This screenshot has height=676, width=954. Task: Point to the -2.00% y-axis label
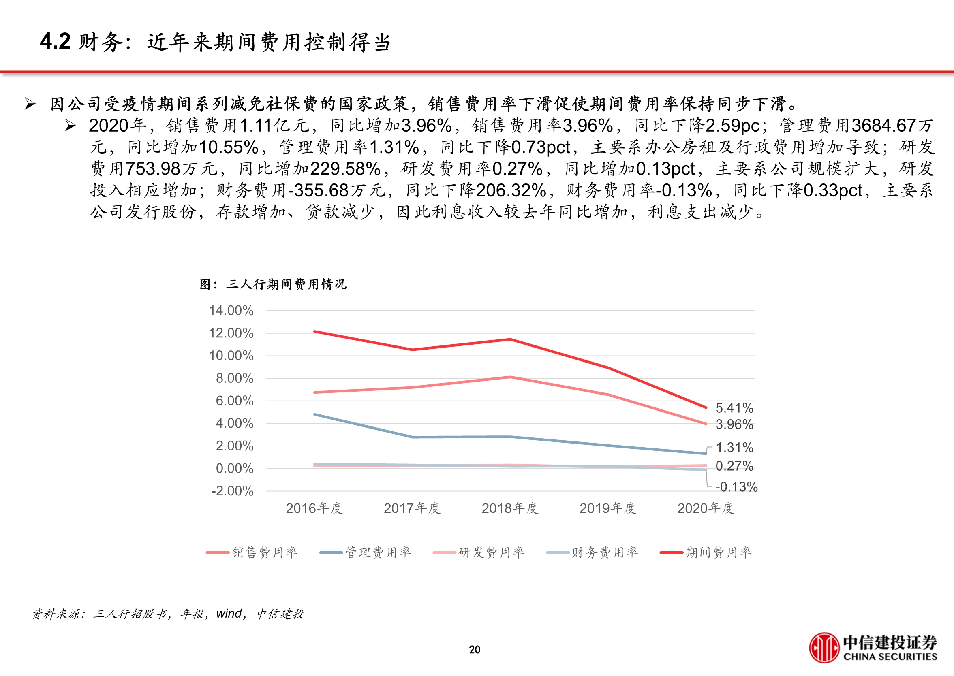pyautogui.click(x=232, y=491)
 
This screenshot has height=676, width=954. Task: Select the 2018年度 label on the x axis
pyautogui.click(x=510, y=508)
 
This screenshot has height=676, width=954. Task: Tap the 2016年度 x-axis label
pyautogui.click(x=314, y=508)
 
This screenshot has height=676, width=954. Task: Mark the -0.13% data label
pyautogui.click(x=736, y=487)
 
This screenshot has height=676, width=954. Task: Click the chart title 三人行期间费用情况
pyautogui.click(x=286, y=284)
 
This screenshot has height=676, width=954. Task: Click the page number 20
pyautogui.click(x=474, y=650)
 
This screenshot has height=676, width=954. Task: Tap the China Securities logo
pyautogui.click(x=873, y=648)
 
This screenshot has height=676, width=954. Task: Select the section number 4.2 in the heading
pyautogui.click(x=55, y=42)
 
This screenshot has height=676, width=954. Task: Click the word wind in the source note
pyautogui.click(x=229, y=614)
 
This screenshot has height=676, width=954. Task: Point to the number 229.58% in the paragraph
pyautogui.click(x=345, y=169)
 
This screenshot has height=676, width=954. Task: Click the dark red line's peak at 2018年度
pyautogui.click(x=510, y=339)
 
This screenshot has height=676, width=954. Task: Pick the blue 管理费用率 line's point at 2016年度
pyautogui.click(x=314, y=415)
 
